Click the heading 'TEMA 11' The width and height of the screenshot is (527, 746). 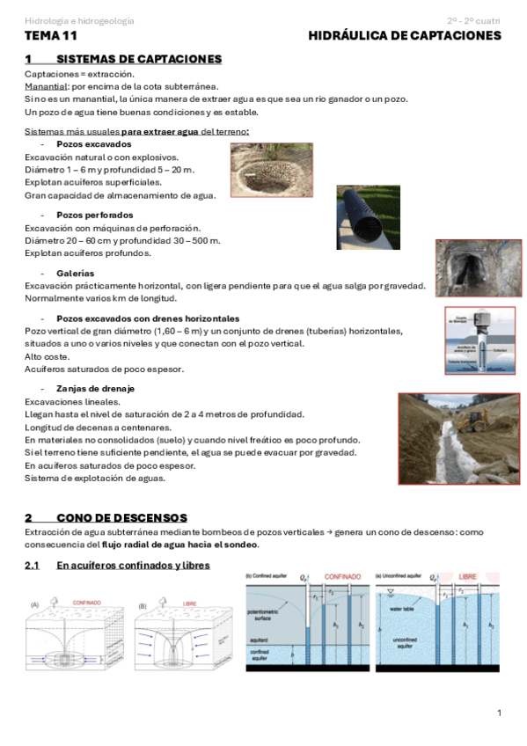click(51, 36)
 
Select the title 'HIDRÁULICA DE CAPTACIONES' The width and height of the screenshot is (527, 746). click(405, 36)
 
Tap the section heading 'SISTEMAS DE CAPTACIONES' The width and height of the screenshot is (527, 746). click(138, 59)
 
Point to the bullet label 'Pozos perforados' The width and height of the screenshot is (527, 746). click(94, 215)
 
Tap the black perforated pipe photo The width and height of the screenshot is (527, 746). click(368, 216)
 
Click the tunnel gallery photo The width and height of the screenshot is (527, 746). click(466, 267)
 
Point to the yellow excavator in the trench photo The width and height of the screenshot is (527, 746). click(475, 421)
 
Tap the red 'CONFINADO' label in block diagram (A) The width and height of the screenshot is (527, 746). click(86, 604)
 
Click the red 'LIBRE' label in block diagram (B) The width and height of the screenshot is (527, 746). click(189, 604)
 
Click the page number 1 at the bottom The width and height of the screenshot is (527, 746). click(498, 712)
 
